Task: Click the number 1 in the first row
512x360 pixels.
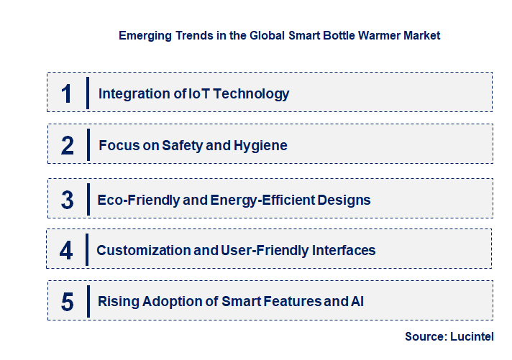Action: point(67,93)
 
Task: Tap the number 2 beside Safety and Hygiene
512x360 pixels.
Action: point(68,146)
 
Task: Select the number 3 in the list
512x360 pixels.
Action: point(68,200)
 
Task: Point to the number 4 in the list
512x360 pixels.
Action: point(67,251)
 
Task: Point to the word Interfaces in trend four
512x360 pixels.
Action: point(343,251)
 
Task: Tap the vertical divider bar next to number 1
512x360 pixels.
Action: point(87,93)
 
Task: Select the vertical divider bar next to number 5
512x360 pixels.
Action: point(87,301)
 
